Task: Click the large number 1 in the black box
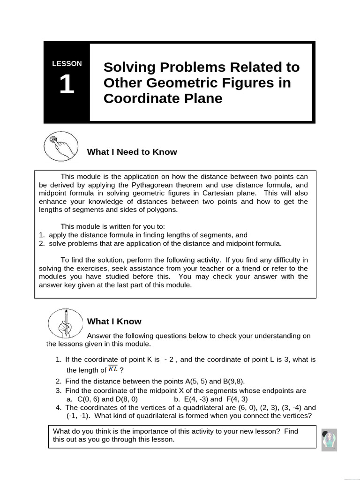(67, 85)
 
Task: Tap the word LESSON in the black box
(67, 64)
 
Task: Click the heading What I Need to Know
(132, 152)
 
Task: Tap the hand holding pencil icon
(66, 323)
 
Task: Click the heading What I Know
(114, 322)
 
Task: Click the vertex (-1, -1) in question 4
(77, 416)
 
